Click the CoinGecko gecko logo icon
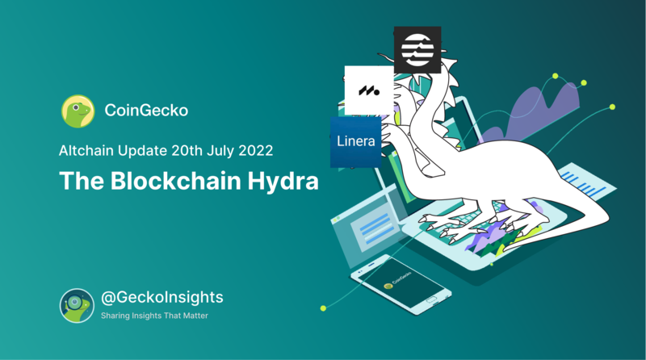(77, 111)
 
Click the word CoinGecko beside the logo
(146, 111)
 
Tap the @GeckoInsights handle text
(161, 298)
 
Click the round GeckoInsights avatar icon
(77, 304)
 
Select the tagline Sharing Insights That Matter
(154, 316)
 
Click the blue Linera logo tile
(355, 142)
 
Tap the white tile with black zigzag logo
(369, 90)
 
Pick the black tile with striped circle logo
(417, 48)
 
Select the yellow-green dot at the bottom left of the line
(324, 308)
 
